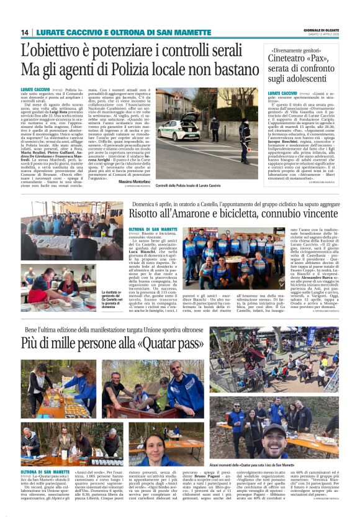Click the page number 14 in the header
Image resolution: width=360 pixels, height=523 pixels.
pyautogui.click(x=25, y=32)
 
